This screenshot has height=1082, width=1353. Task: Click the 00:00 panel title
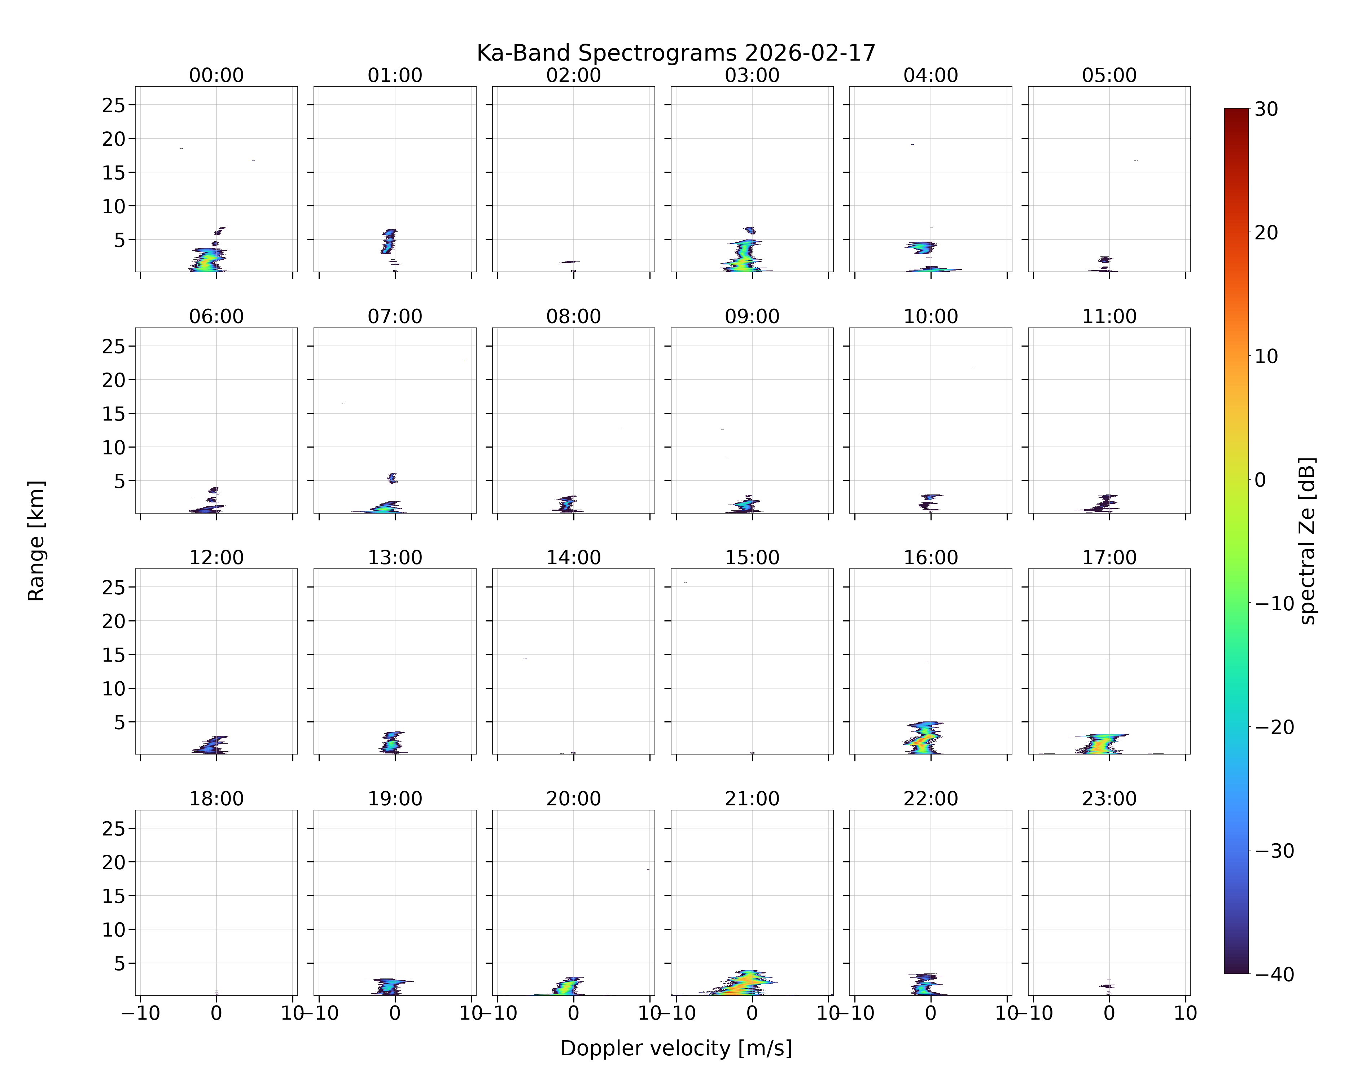[x=216, y=75]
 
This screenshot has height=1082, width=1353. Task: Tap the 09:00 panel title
[x=752, y=316]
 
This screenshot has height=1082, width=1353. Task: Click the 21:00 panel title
[x=752, y=799]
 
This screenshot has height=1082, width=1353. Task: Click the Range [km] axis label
[x=36, y=541]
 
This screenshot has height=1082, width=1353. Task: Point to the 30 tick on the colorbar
[x=1266, y=109]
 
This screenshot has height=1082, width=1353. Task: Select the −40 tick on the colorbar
[x=1274, y=974]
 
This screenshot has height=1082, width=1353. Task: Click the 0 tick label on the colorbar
[x=1260, y=480]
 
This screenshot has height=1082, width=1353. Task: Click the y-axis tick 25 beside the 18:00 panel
[x=114, y=828]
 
